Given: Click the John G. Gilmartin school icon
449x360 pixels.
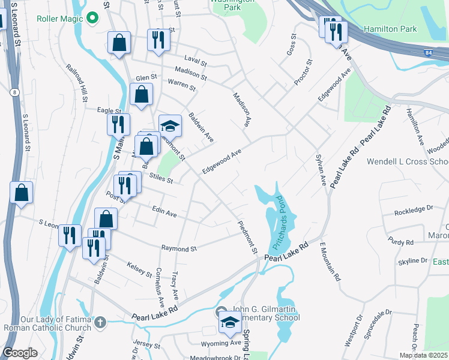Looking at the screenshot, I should [x=228, y=322].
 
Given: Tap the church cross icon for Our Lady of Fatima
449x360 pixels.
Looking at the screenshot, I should [x=100, y=323].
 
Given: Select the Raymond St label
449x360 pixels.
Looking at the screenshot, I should [x=179, y=248].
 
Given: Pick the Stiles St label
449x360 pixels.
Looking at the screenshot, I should [x=161, y=179].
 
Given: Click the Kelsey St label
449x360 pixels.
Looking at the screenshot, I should [x=140, y=269].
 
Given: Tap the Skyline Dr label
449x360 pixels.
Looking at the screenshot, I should [x=413, y=262].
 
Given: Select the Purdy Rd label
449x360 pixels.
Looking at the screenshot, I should [x=401, y=242].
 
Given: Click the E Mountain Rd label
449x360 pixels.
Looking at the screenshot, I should [x=330, y=262].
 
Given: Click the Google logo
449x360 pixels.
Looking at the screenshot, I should [x=20, y=353].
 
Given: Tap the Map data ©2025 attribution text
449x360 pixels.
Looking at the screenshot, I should [x=423, y=355].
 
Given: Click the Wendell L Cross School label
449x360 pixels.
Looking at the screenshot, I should [x=408, y=162].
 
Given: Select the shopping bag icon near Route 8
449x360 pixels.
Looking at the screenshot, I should [x=21, y=193].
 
